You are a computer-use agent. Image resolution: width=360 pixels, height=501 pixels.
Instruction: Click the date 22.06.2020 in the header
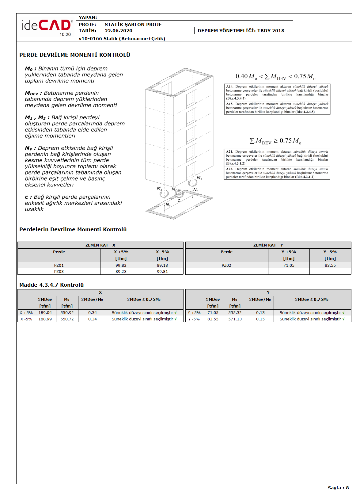119,31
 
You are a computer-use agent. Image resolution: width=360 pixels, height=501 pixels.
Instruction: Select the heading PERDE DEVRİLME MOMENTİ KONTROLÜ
75,55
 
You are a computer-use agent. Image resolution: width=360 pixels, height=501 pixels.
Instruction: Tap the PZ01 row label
59,266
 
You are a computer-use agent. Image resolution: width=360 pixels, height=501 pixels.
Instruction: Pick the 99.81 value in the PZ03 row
162,272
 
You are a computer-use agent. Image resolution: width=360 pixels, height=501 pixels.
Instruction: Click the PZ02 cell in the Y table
226,266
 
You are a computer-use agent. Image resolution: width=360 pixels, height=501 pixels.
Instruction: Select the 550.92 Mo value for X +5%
67,313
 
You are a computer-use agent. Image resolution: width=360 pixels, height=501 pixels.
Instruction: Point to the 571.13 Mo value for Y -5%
235,319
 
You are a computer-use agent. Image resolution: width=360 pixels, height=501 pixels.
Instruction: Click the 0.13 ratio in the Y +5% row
260,313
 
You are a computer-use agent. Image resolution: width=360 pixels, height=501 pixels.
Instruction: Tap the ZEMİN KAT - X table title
100,245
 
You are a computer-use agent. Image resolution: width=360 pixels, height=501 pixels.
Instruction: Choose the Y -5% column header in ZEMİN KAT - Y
330,252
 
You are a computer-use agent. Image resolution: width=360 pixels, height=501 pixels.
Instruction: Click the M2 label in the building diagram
199,178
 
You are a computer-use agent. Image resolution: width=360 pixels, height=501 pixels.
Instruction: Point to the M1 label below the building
159,188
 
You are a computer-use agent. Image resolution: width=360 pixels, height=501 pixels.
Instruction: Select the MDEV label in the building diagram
176,189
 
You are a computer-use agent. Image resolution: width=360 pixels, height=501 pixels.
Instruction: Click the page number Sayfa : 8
338,488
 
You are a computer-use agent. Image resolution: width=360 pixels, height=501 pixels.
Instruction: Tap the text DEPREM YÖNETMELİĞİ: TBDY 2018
241,31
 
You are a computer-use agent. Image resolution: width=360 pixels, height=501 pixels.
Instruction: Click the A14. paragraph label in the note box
230,87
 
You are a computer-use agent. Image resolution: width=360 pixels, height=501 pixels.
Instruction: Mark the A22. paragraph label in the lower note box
230,169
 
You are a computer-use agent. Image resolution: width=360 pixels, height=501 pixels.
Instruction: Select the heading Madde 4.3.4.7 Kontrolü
51,285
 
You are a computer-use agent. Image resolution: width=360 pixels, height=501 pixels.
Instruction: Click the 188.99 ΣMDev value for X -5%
45,319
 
